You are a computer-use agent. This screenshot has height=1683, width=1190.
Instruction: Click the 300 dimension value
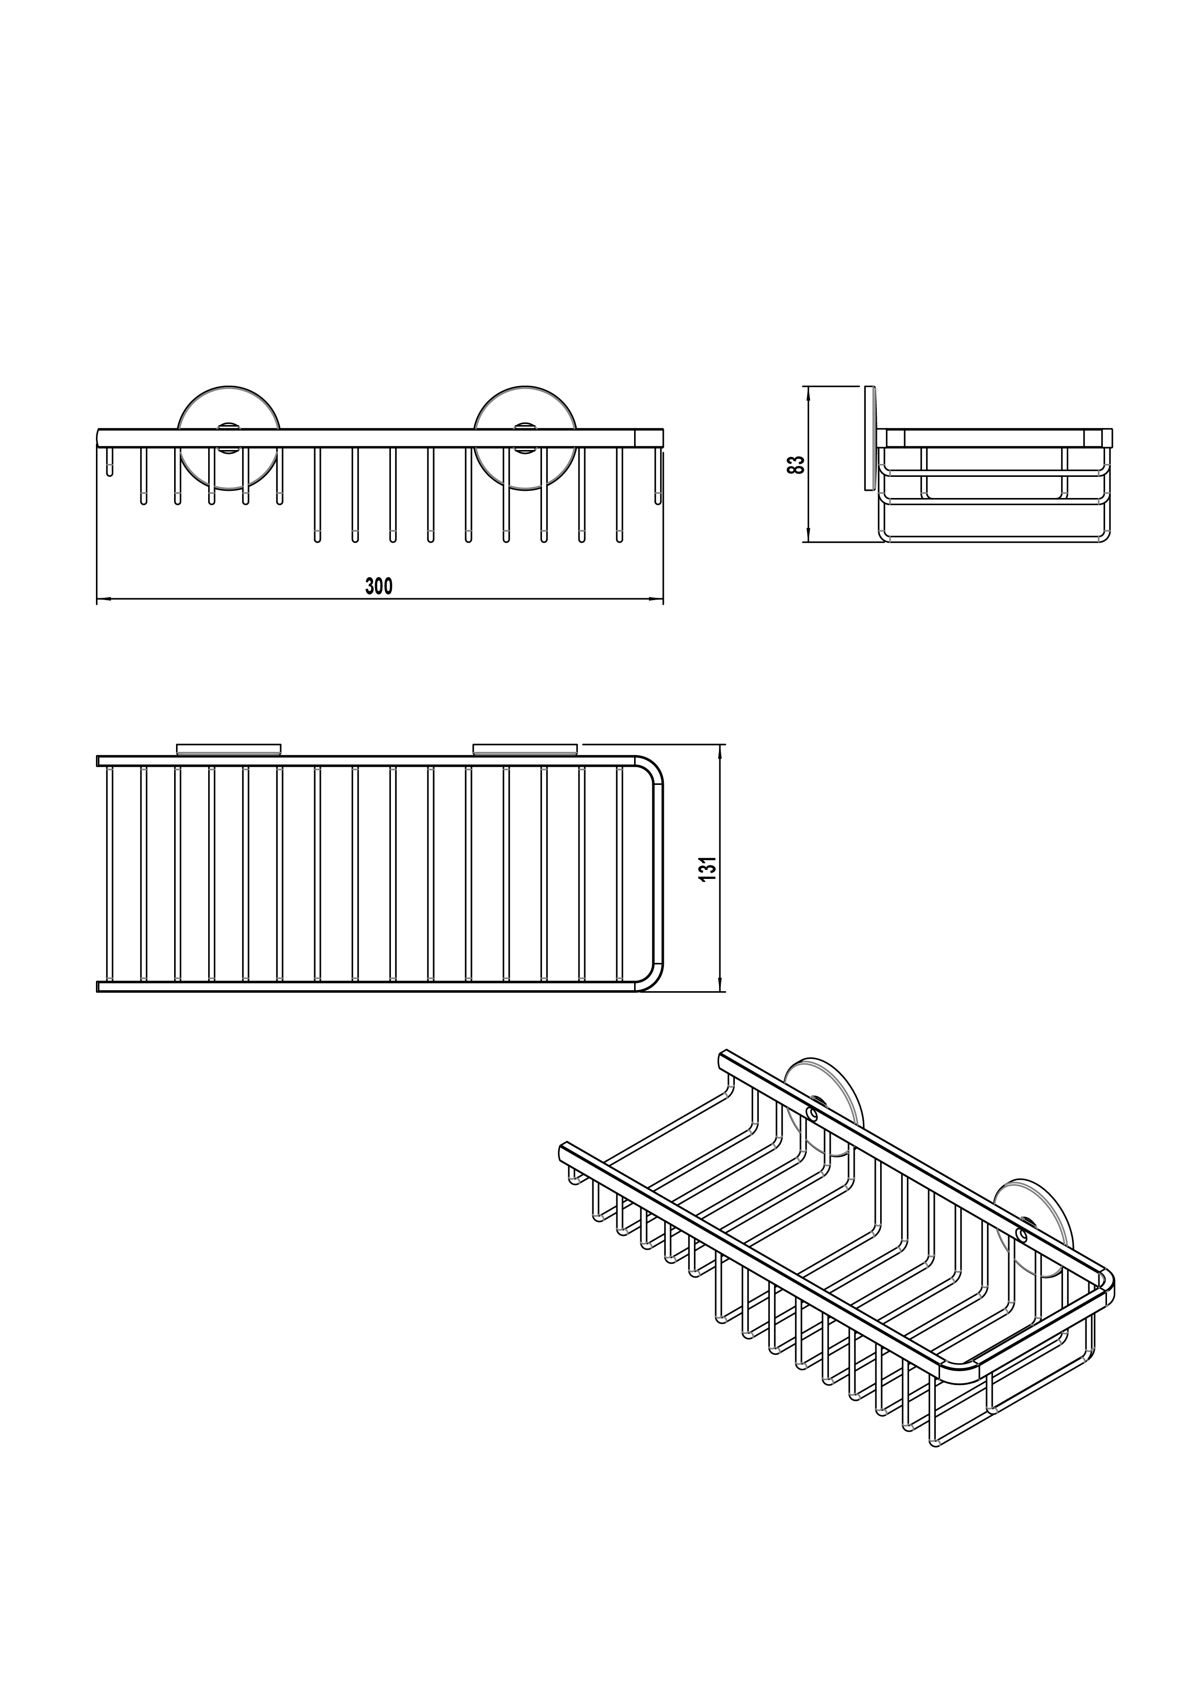(379, 586)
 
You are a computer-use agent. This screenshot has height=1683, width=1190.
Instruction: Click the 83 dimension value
(796, 465)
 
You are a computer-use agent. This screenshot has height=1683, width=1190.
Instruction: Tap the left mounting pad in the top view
(229, 749)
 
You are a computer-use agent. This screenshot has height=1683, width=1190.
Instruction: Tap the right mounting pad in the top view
(525, 749)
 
